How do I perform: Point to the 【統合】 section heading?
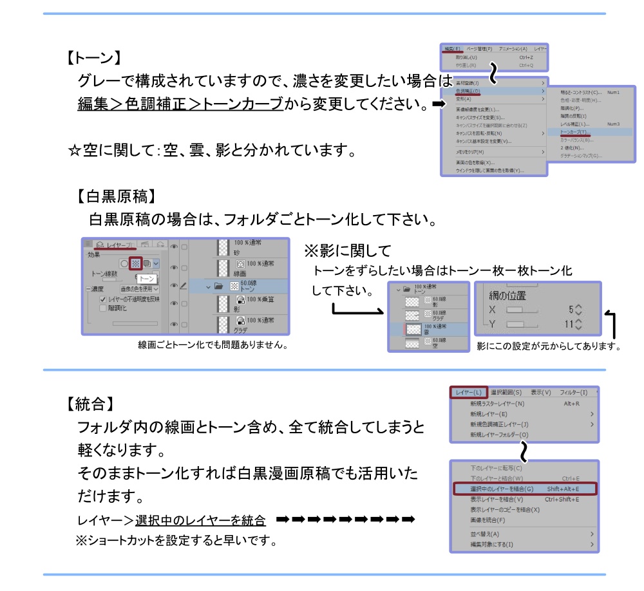click(90, 404)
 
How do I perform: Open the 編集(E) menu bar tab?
click(452, 49)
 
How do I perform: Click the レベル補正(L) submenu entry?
click(574, 124)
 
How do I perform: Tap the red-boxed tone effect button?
click(135, 263)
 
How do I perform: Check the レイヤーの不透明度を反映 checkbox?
click(103, 299)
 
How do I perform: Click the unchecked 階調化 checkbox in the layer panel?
click(103, 308)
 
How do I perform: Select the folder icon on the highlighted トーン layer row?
click(219, 286)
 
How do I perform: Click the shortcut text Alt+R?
click(571, 404)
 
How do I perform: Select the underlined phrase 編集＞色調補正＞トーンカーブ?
click(180, 104)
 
